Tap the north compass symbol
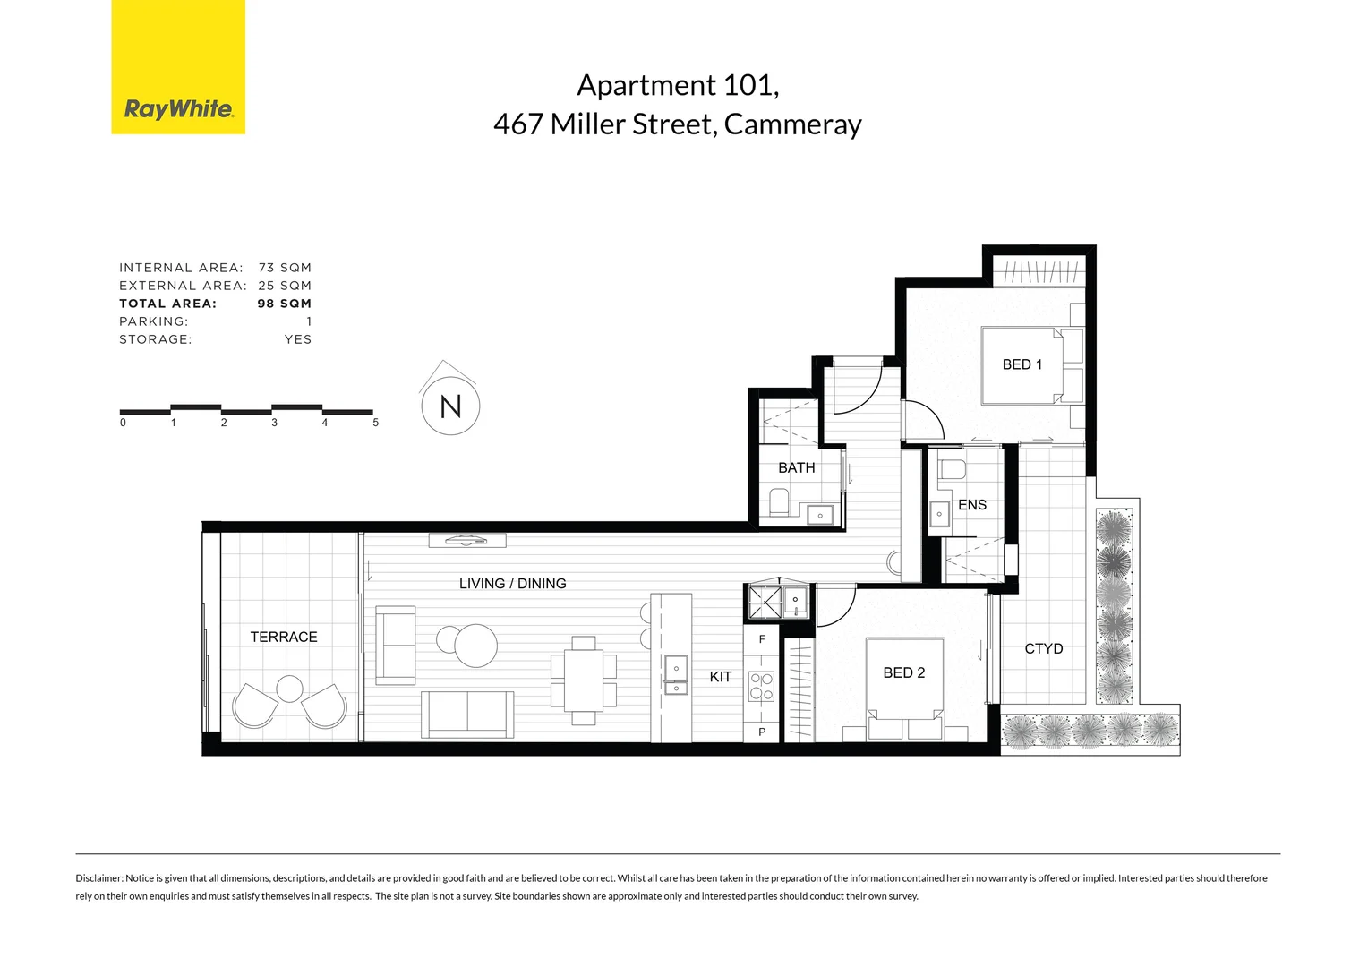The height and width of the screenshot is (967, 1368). [450, 406]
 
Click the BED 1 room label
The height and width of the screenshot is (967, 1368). [1022, 364]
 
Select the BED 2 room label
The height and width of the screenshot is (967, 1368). [903, 672]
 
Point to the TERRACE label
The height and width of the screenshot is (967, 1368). [284, 637]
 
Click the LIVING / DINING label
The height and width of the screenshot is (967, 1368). [512, 584]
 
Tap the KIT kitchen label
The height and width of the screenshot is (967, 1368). [720, 677]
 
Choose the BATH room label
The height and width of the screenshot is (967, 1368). [796, 468]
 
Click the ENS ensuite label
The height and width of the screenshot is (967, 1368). [971, 505]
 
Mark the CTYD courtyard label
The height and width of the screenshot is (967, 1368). [1043, 648]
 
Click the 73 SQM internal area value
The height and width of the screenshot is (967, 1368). [285, 268]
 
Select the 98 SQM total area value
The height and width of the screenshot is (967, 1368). [284, 304]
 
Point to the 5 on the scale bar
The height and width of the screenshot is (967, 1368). [375, 423]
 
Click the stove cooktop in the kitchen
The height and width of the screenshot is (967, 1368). [761, 686]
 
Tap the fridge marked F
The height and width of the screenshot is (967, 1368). [762, 639]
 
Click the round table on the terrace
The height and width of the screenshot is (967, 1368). [289, 689]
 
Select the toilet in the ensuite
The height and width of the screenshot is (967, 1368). [952, 468]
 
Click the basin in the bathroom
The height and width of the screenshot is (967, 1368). [820, 515]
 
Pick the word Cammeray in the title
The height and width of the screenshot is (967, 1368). [792, 124]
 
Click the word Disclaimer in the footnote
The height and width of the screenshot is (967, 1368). [98, 878]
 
